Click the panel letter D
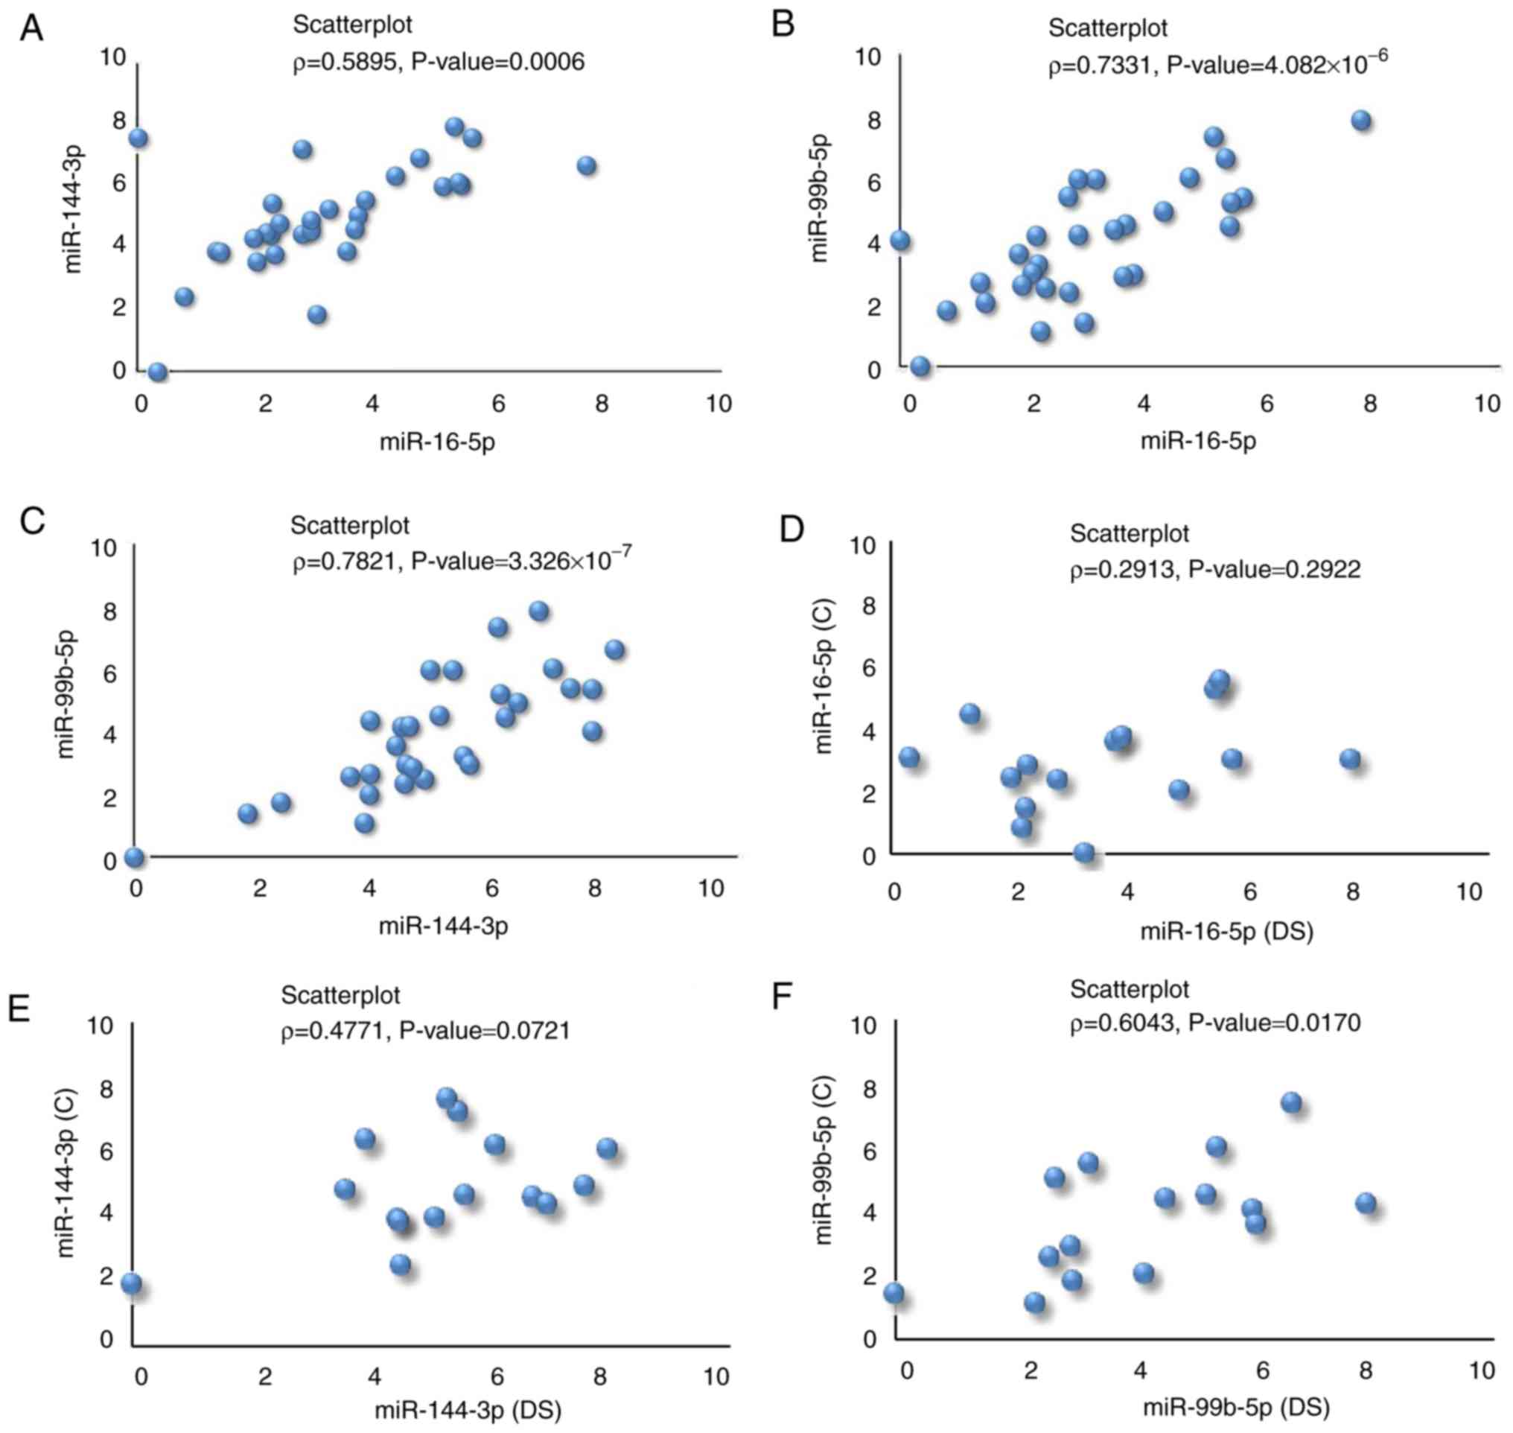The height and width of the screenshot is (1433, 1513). point(791,528)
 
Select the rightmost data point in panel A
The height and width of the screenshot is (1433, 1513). point(586,166)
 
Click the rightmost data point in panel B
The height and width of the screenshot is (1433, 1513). point(1361,121)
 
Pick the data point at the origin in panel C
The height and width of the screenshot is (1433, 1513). point(135,857)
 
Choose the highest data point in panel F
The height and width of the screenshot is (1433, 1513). point(1291,1102)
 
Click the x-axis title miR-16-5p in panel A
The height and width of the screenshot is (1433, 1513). point(437,442)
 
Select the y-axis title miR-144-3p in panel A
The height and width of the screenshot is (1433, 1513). point(73,209)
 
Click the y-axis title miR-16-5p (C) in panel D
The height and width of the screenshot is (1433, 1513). point(824,676)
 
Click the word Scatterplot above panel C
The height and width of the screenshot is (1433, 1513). point(350,526)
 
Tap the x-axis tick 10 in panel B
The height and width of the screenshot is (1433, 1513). point(1486,404)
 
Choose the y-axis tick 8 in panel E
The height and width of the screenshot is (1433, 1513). point(106,1088)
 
